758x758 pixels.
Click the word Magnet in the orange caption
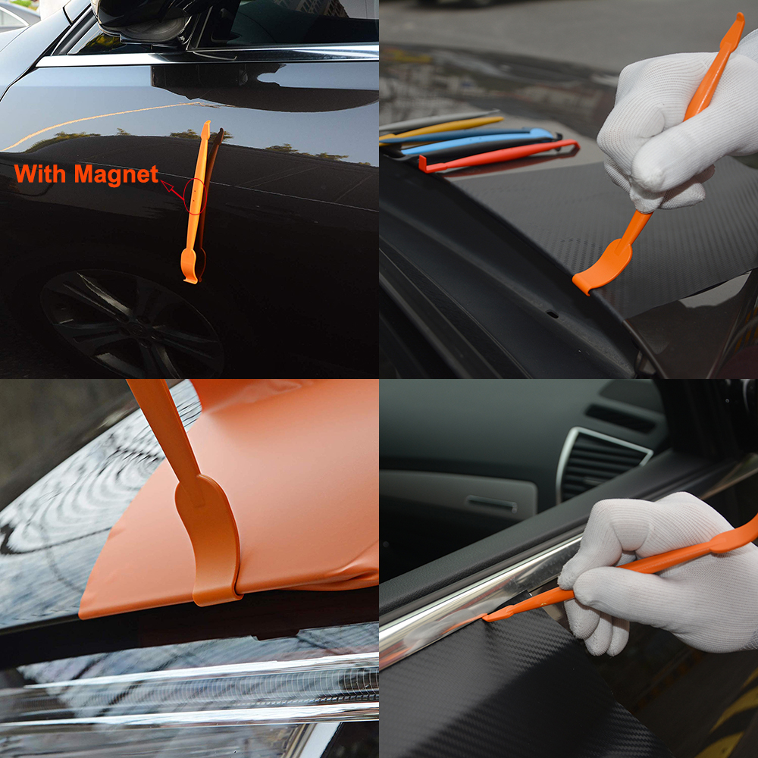[117, 174]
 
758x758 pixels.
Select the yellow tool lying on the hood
[447, 127]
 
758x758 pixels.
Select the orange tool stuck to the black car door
[196, 205]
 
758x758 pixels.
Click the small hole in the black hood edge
[553, 314]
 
